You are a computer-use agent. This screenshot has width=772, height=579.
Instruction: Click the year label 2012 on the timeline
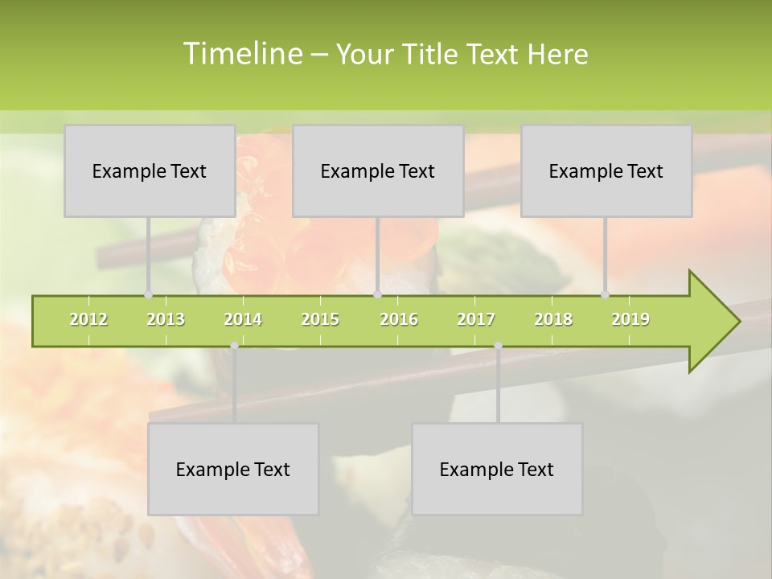pos(88,319)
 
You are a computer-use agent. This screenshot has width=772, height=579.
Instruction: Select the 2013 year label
pos(166,319)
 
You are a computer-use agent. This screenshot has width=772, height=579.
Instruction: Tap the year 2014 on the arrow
pos(243,319)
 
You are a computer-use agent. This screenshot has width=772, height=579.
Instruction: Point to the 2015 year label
pos(320,319)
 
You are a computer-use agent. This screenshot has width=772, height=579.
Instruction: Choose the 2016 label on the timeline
pos(399,319)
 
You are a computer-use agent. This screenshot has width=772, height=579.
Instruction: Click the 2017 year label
pos(476,319)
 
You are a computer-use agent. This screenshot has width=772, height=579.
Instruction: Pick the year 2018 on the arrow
pos(553,319)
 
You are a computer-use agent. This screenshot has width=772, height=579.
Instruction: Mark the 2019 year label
pos(630,319)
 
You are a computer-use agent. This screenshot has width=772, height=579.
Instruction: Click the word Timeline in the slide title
pos(241,54)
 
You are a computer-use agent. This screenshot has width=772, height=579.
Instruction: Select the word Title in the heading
pos(433,54)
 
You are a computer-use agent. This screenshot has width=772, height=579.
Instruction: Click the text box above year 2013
pos(150,170)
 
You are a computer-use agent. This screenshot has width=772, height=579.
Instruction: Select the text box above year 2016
pos(378,170)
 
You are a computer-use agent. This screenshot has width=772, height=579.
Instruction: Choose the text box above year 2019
pos(606,170)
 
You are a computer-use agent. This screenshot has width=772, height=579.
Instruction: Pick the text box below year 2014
pos(233,469)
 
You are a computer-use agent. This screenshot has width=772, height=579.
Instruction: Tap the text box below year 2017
pos(497,469)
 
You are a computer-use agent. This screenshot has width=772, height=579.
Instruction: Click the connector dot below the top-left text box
pos(148,294)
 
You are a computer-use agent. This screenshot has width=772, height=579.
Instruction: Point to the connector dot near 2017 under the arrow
pos(498,346)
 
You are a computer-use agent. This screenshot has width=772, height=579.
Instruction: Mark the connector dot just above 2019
pos(606,294)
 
